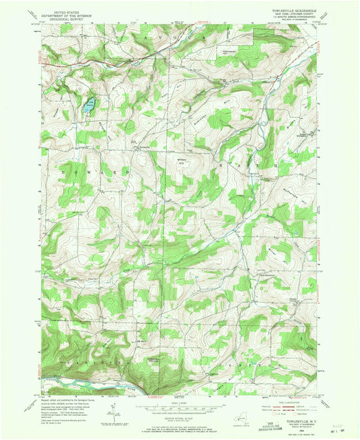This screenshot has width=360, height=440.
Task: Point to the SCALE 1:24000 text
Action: coord(180,402)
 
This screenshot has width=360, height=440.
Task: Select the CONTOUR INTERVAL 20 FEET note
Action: coord(180,416)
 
